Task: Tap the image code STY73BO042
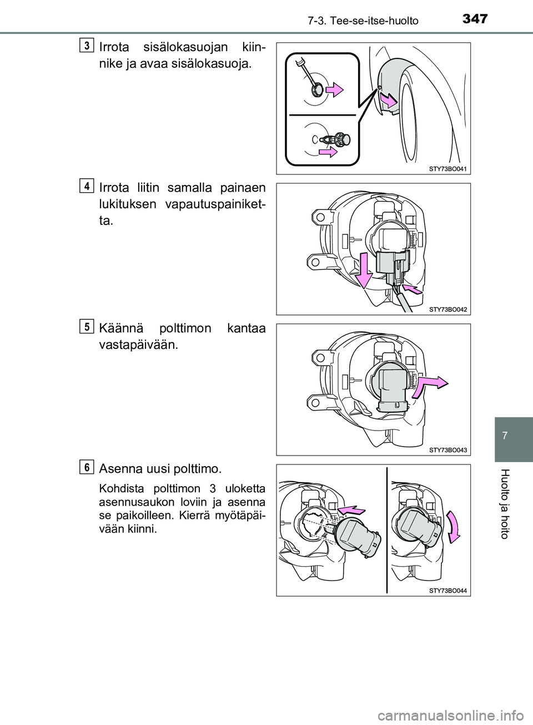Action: point(448,309)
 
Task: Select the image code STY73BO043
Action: point(448,449)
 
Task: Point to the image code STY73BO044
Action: point(448,591)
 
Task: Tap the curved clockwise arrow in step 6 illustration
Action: point(454,526)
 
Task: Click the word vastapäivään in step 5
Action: point(138,344)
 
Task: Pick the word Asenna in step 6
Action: point(119,469)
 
